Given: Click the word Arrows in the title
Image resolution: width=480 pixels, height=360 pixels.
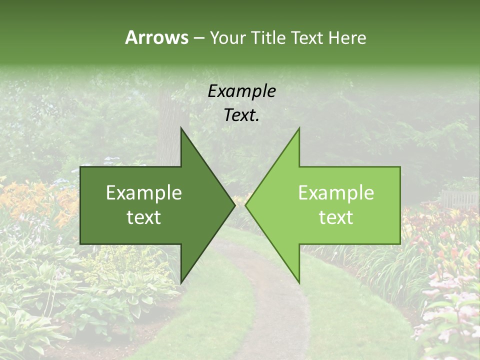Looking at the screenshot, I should click(x=156, y=37).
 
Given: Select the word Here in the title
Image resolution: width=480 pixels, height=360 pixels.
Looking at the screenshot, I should click(x=347, y=37).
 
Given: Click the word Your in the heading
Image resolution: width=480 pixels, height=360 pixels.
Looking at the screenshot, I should click(x=227, y=37).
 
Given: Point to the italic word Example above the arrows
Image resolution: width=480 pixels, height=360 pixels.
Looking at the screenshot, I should click(x=241, y=91).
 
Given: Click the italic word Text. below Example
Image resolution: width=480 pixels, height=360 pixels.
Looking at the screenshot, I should click(x=241, y=115).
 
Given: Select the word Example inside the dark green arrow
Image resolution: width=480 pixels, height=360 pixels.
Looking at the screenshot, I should click(x=143, y=193).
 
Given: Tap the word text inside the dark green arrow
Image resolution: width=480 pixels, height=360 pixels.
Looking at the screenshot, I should click(x=143, y=217).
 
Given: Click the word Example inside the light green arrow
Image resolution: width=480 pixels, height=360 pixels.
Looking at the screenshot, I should click(x=336, y=193).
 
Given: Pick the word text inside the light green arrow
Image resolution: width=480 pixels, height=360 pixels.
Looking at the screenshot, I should click(x=336, y=217).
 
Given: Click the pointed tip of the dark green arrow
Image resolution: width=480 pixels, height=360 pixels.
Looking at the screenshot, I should click(x=234, y=205).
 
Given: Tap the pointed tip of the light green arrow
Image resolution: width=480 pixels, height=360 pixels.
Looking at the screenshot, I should click(x=246, y=205).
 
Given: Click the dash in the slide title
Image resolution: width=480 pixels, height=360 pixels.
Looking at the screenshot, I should click(x=198, y=38).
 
